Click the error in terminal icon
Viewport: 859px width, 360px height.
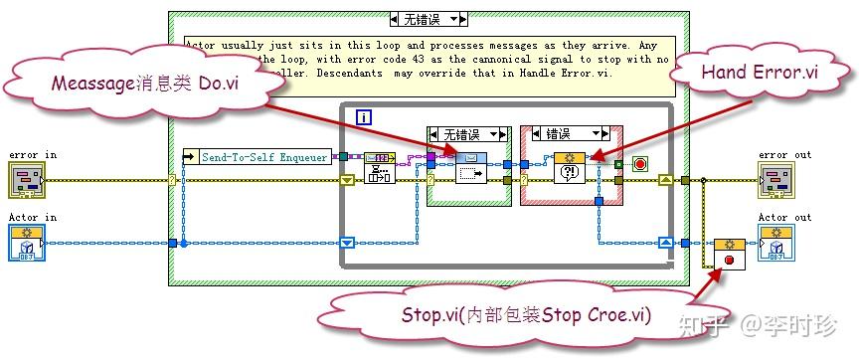tap(25, 180)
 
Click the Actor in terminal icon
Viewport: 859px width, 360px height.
tap(25, 242)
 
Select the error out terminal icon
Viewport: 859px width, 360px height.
tap(775, 180)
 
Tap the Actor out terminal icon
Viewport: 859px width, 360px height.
tap(775, 242)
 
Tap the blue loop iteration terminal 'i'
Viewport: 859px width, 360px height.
tap(363, 116)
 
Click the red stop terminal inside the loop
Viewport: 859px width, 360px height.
tap(639, 162)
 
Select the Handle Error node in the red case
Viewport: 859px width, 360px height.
tap(570, 168)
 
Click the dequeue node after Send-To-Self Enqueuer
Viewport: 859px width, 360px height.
tap(380, 169)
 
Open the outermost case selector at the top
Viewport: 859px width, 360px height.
tap(429, 19)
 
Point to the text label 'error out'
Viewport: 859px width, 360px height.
tap(784, 154)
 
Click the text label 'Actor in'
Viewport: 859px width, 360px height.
tap(32, 217)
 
